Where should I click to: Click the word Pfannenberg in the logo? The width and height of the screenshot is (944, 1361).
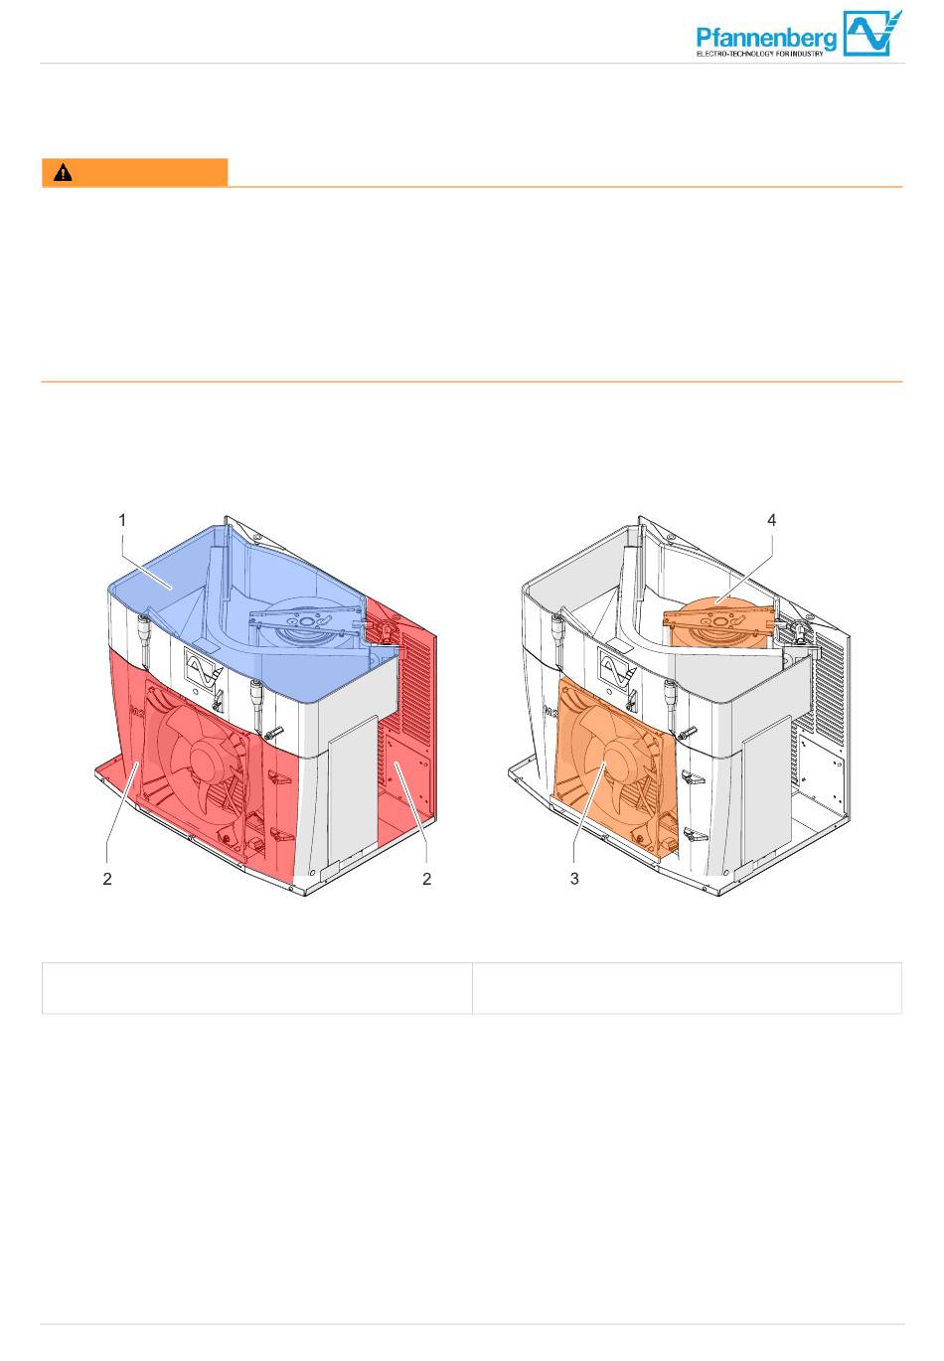click(x=766, y=39)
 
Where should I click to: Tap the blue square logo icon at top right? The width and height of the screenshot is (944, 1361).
click(x=872, y=34)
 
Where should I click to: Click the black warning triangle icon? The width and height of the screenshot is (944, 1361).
click(x=63, y=174)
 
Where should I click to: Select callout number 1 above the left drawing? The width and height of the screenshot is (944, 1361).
click(x=122, y=520)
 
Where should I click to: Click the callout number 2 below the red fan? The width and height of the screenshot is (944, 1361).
click(x=107, y=879)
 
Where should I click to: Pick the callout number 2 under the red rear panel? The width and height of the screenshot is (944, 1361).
click(x=426, y=879)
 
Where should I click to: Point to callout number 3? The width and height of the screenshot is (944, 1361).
click(x=574, y=879)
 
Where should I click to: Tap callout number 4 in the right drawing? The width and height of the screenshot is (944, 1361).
click(x=771, y=520)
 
